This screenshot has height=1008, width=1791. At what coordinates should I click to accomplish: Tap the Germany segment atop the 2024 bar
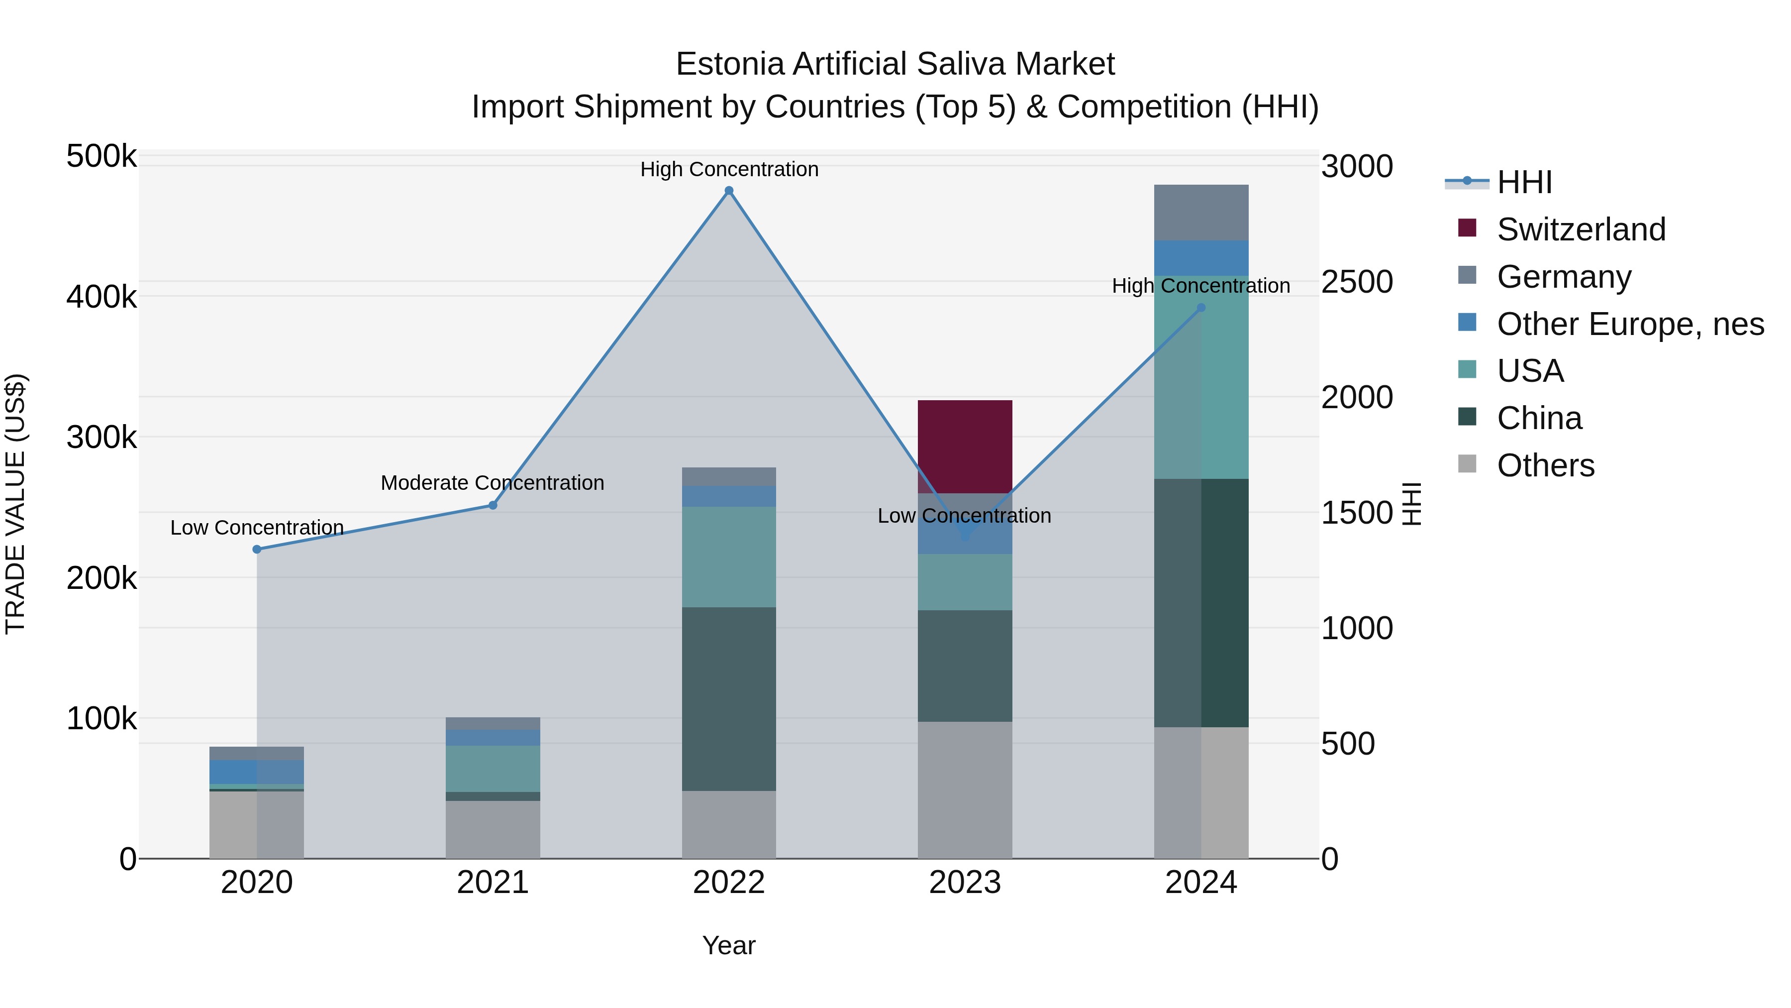pyautogui.click(x=1201, y=212)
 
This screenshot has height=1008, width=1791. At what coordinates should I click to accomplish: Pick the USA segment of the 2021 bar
pyautogui.click(x=492, y=769)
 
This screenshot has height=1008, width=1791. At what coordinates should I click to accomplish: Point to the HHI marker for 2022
pyautogui.click(x=729, y=191)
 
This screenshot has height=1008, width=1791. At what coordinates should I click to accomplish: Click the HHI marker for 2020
pyautogui.click(x=257, y=550)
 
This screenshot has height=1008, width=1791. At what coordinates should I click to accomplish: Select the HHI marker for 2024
pyautogui.click(x=1201, y=308)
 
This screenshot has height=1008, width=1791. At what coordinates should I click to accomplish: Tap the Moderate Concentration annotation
pyautogui.click(x=492, y=483)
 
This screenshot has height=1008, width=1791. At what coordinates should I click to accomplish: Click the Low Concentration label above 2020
pyautogui.click(x=257, y=528)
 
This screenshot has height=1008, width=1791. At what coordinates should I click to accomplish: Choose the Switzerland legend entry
pyautogui.click(x=1581, y=229)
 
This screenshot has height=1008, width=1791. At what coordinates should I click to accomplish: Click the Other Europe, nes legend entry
pyautogui.click(x=1630, y=324)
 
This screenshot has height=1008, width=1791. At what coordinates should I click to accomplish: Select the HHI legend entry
pyautogui.click(x=1524, y=182)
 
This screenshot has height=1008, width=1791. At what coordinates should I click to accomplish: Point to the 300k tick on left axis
pyautogui.click(x=101, y=438)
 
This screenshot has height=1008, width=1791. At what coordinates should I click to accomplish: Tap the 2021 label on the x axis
pyautogui.click(x=492, y=883)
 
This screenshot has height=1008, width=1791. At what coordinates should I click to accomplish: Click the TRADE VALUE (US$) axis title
pyautogui.click(x=15, y=504)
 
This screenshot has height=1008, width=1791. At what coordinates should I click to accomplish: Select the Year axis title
pyautogui.click(x=729, y=945)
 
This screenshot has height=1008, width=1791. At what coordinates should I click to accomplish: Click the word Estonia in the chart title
pyautogui.click(x=729, y=64)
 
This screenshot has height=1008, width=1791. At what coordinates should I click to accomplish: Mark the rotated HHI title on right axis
pyautogui.click(x=1411, y=504)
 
